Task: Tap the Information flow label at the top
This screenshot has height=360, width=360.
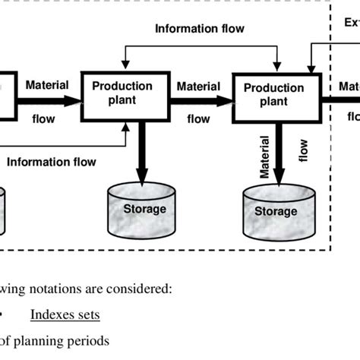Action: coord(199,30)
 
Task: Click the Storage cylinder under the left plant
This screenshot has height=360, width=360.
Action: coord(144,208)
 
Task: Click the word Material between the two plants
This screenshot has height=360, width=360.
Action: coord(198,87)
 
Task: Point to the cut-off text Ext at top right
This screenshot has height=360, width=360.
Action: coord(352,23)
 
